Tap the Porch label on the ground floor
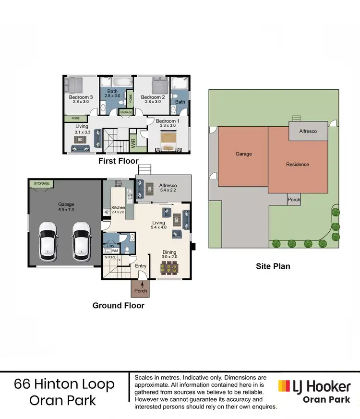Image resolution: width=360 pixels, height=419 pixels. tap(141, 290)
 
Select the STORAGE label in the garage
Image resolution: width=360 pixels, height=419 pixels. tap(42, 184)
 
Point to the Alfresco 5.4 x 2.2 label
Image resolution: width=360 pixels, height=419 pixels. tap(168, 188)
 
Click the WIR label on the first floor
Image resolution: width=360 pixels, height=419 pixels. tap(133, 143)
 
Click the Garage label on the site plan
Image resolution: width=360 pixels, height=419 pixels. tap(243, 154)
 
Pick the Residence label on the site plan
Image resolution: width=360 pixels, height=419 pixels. tap(298, 164)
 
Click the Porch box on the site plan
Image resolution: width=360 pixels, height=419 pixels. tap(294, 200)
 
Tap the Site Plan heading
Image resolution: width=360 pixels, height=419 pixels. tap(273, 266)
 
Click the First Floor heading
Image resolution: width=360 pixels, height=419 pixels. tap(118, 161)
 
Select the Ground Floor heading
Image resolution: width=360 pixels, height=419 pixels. tap(118, 305)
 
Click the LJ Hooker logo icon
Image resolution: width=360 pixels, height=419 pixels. tap(284, 386)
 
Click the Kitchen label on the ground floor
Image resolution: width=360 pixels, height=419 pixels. tap(118, 208)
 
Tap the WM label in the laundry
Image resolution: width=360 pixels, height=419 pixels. tap(115, 250)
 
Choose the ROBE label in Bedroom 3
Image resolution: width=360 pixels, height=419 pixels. tap(75, 118)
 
